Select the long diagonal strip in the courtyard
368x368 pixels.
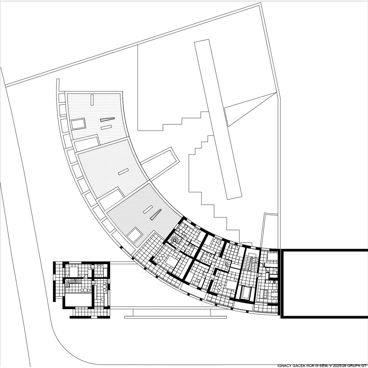tap(218, 119)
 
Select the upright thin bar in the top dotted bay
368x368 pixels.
tap(92, 100)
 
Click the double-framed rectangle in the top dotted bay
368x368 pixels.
tap(78, 123)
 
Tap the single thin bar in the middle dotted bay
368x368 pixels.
tap(123, 172)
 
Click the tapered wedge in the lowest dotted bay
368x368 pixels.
tap(156, 215)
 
